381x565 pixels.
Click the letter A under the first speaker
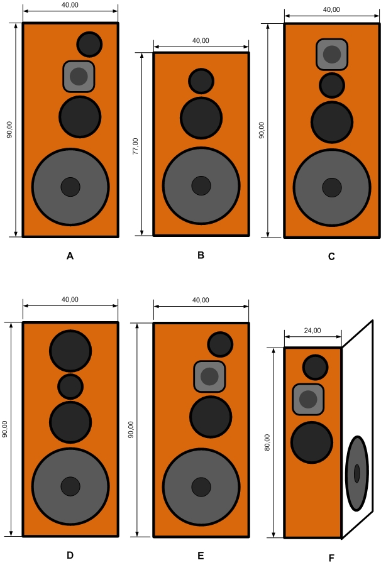tap(70, 256)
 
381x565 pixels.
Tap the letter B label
tap(201, 255)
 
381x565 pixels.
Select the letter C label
tap(331, 256)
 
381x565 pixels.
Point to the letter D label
tap(70, 555)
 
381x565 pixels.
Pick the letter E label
tap(201, 556)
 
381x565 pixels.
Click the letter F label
tap(331, 557)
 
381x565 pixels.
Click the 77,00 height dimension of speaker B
tap(135, 145)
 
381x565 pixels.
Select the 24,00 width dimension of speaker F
tap(312, 330)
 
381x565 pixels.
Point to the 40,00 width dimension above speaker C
tap(331, 9)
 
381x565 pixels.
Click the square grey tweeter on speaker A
tap(79, 76)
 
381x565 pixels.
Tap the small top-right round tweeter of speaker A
tap(89, 43)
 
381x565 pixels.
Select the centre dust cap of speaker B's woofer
tap(201, 185)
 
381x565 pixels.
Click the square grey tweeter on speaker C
tap(332, 54)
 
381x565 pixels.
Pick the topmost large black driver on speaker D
tap(70, 350)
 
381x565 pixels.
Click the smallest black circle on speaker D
tap(70, 386)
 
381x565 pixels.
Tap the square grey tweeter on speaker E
tap(209, 376)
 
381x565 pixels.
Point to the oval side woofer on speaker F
tap(356, 473)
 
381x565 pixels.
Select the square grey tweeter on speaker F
tap(308, 399)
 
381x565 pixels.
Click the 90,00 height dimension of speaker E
tap(131, 429)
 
